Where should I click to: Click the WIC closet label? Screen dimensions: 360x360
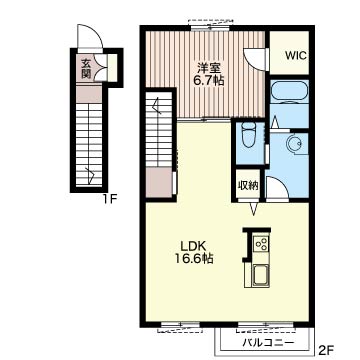(296, 55)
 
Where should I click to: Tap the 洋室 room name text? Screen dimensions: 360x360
(208, 68)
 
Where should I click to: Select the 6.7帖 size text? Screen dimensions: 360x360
(208, 81)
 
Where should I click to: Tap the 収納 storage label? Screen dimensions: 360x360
(248, 185)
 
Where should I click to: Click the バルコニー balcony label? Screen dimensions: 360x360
(269, 343)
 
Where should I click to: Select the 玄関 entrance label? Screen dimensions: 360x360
(86, 69)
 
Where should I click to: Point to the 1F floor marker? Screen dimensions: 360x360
(110, 200)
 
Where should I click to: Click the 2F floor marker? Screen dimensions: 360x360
(326, 350)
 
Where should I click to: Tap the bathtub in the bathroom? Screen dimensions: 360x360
(289, 91)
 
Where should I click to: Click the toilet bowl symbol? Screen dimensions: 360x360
(248, 135)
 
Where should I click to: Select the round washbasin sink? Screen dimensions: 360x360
(295, 144)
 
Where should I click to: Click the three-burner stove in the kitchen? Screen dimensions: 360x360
(260, 245)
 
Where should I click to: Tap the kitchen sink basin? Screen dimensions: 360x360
(260, 276)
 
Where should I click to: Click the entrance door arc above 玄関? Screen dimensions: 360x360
(90, 36)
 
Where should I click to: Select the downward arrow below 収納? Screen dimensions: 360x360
(254, 208)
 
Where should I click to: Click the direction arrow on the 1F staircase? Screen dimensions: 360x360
(90, 175)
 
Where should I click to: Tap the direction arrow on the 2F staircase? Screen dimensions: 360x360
(157, 107)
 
